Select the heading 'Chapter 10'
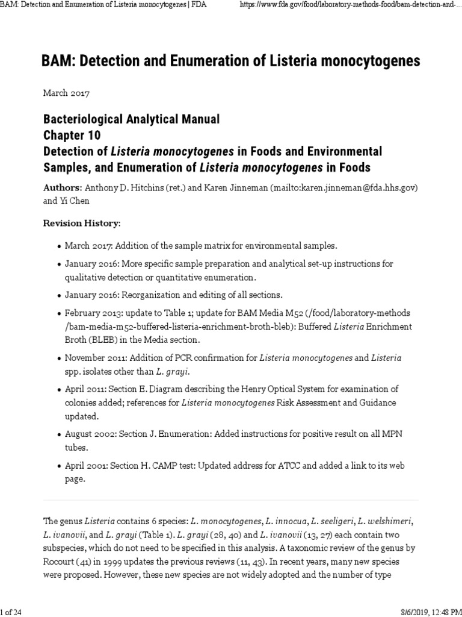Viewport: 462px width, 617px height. pyautogui.click(x=72, y=134)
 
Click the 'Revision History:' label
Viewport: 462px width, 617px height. pyautogui.click(x=82, y=224)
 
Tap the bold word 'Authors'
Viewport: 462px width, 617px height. pyautogui.click(x=62, y=187)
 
